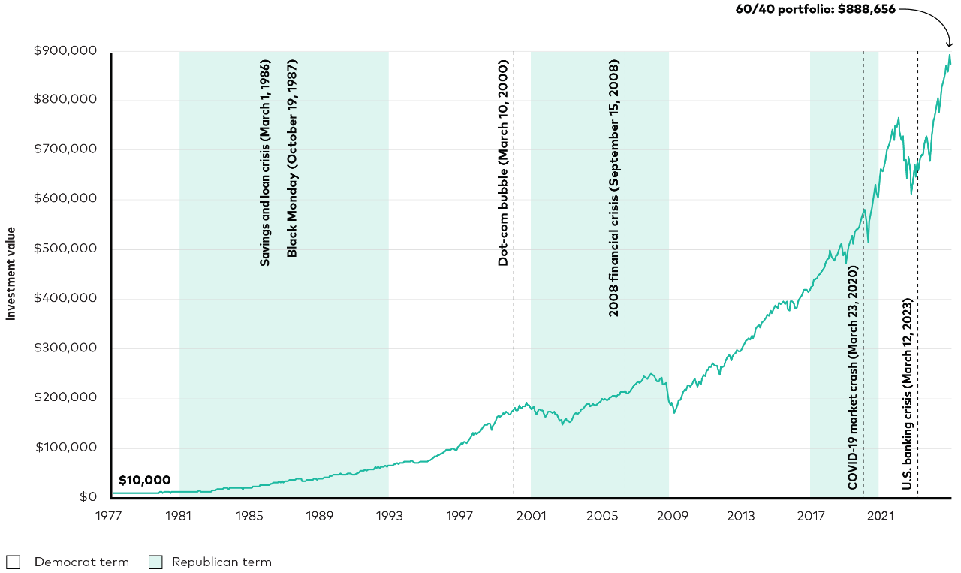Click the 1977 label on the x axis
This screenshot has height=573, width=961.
tap(109, 516)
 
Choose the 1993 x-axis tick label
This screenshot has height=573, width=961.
tap(389, 516)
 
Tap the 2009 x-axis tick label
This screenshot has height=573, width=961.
tap(670, 516)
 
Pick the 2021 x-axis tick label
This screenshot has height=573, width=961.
tap(880, 516)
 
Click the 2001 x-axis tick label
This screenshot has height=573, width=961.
tap(530, 516)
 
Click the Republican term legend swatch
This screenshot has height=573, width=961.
tap(155, 562)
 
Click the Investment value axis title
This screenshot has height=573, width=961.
tap(11, 273)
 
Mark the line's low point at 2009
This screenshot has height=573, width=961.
tap(674, 413)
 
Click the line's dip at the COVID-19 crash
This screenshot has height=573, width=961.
tap(868, 242)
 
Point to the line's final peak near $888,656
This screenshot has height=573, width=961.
tap(950, 55)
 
